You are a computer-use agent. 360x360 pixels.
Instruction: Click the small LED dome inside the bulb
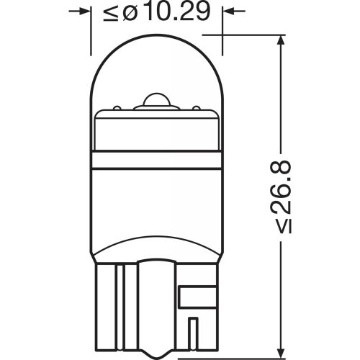coord(156,99)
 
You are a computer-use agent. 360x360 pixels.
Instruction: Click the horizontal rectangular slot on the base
coord(196,294)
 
